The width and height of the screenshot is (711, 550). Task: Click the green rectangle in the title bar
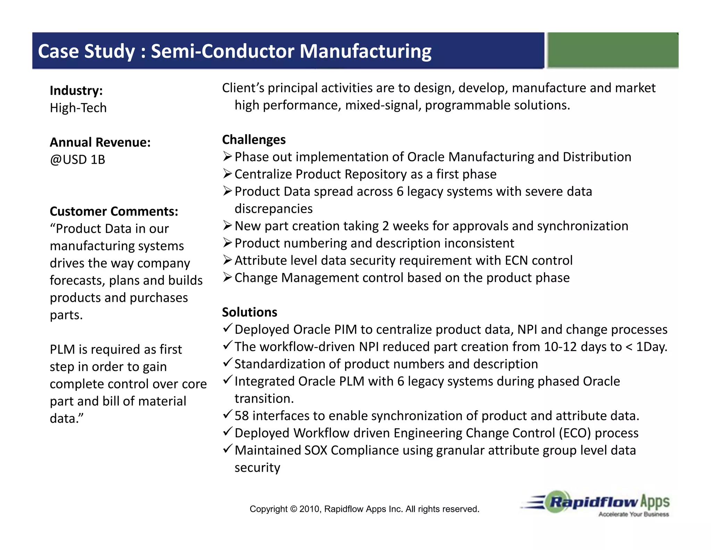(x=613, y=50)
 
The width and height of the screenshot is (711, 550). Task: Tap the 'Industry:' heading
(x=76, y=90)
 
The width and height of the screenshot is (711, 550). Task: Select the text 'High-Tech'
(x=78, y=108)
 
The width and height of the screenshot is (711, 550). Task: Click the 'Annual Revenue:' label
(x=100, y=142)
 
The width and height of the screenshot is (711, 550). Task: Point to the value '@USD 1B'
(x=77, y=160)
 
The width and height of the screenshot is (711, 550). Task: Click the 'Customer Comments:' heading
(x=114, y=211)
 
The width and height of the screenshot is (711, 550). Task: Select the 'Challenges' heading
(x=254, y=139)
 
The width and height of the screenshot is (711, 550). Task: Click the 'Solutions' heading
(x=250, y=312)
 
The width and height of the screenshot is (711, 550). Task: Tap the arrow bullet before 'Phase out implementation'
(x=227, y=156)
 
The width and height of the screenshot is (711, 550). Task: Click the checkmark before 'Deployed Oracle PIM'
(x=227, y=328)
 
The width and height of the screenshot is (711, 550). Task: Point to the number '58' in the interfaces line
(x=242, y=416)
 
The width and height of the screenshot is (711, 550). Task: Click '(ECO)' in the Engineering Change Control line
(x=575, y=433)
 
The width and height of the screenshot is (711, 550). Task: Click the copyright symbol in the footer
(x=293, y=509)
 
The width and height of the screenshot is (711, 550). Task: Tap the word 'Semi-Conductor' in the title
(x=223, y=51)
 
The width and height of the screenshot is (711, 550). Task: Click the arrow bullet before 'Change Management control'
(x=227, y=277)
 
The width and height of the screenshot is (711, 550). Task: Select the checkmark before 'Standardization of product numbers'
(x=227, y=362)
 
